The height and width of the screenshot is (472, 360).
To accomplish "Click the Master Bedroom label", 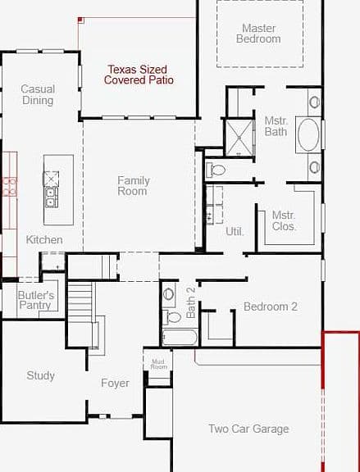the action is click(258, 34).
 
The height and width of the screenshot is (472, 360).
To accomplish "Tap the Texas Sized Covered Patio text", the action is click(139, 75).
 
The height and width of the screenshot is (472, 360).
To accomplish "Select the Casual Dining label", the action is click(38, 94).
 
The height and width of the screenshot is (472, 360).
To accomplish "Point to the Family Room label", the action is click(134, 186).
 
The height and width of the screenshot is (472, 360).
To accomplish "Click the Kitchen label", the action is click(44, 239).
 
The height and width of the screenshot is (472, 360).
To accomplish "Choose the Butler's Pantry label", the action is click(36, 300).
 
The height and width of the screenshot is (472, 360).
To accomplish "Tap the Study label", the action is click(40, 375).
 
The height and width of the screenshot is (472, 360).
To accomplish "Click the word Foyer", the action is click(115, 383).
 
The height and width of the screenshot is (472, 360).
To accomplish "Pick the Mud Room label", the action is click(158, 364).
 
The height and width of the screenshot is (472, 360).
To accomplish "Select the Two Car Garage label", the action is click(248, 429).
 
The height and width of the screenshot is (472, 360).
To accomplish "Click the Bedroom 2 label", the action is click(271, 306).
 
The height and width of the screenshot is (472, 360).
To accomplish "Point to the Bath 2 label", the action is click(191, 302).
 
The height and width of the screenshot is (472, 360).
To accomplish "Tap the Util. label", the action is click(235, 231).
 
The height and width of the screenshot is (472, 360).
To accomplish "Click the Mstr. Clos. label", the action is click(284, 220).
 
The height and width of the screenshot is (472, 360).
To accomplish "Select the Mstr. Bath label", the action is click(276, 126).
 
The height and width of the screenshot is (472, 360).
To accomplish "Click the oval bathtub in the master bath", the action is click(308, 134).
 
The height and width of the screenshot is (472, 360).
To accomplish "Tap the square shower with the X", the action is click(239, 138).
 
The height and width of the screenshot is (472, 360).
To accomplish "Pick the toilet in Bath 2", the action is click(171, 317).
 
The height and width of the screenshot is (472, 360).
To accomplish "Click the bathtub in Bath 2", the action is click(180, 338).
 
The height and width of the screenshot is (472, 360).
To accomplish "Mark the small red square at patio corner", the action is click(80, 20).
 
